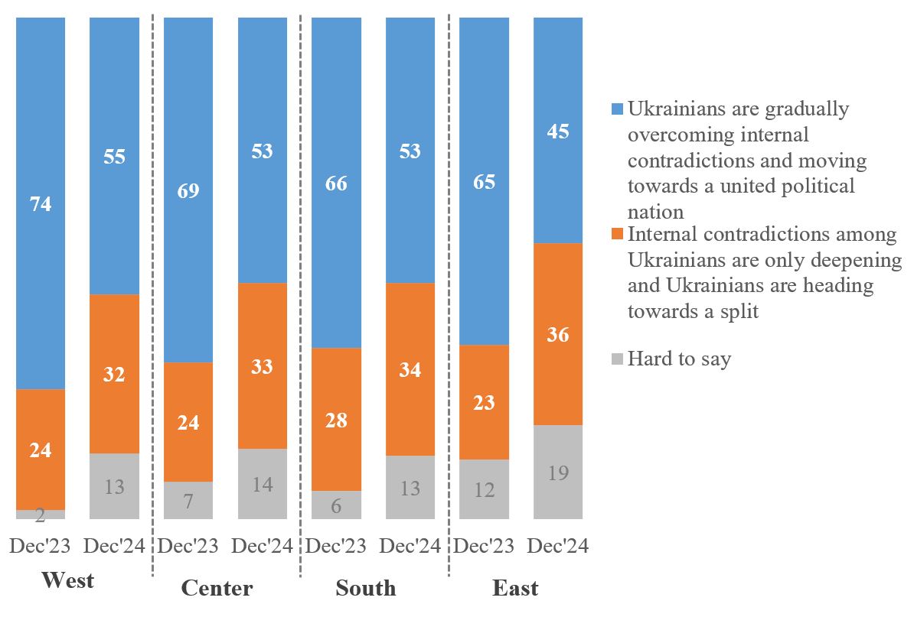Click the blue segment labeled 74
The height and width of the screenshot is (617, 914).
(41, 203)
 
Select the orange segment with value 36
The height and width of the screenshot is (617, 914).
(558, 334)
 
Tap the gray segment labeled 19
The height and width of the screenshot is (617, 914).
(558, 472)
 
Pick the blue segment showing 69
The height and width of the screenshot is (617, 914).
(188, 190)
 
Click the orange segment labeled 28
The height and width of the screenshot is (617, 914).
(336, 419)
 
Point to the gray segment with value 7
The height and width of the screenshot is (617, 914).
(188, 500)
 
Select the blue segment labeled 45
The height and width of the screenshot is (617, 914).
(558, 130)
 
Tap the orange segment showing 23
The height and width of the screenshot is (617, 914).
(484, 402)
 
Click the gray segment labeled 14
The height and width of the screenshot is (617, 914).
(263, 484)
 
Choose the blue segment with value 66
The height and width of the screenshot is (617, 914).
(336, 183)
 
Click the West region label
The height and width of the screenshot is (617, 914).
(67, 580)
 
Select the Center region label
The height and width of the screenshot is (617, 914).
(217, 588)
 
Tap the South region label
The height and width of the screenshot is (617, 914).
(366, 588)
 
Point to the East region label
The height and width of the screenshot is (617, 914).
(514, 588)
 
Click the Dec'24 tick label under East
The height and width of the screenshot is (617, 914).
(558, 546)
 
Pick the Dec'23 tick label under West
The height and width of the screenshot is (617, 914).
(40, 546)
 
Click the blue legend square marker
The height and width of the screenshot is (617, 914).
(617, 109)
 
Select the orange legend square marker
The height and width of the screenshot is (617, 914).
(617, 234)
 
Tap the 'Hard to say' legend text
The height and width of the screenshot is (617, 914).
(679, 359)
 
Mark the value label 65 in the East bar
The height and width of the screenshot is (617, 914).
(484, 182)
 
